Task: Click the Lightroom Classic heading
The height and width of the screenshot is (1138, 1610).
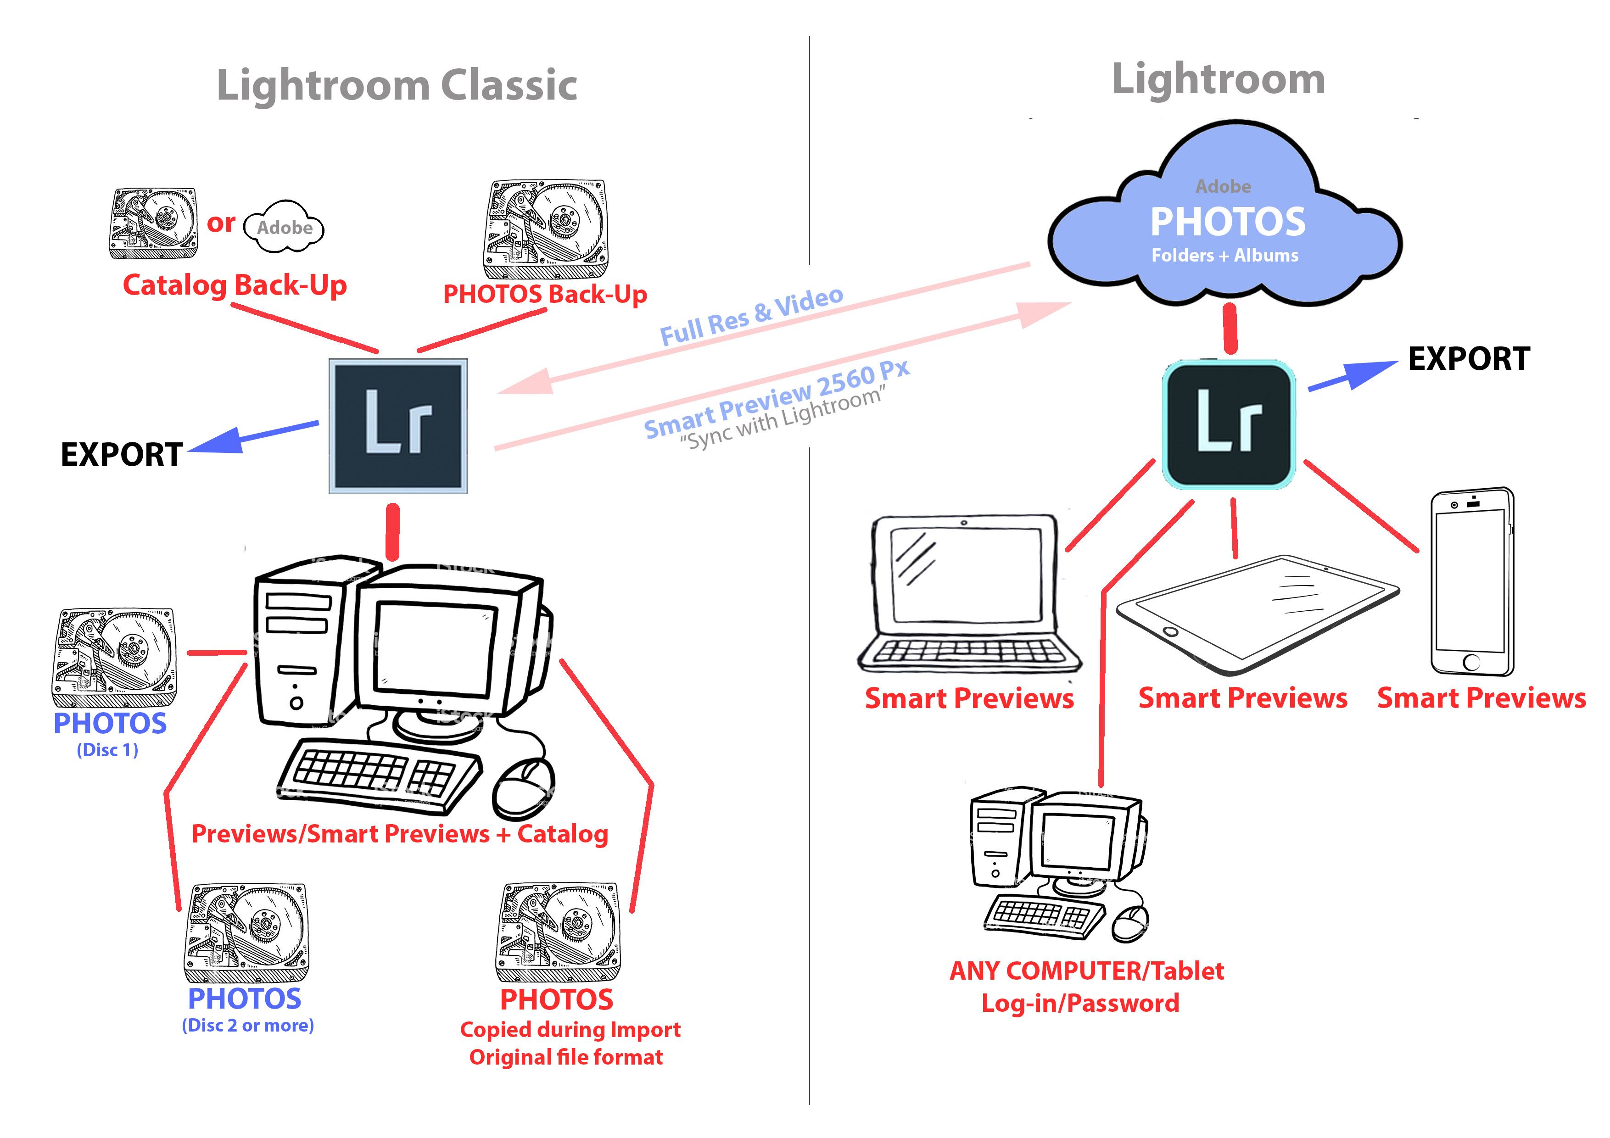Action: click(397, 85)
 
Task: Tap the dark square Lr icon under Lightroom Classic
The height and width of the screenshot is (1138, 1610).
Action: click(397, 426)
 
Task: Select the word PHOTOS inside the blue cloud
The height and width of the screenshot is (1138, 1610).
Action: click(1228, 222)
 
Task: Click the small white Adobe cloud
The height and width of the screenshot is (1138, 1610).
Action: click(284, 227)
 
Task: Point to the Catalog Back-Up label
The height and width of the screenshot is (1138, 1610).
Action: click(235, 285)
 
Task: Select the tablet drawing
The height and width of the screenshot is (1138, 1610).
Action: click(1257, 614)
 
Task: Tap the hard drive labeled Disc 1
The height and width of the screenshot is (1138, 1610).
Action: click(114, 657)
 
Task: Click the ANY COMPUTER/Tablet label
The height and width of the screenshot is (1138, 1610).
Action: click(1086, 971)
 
